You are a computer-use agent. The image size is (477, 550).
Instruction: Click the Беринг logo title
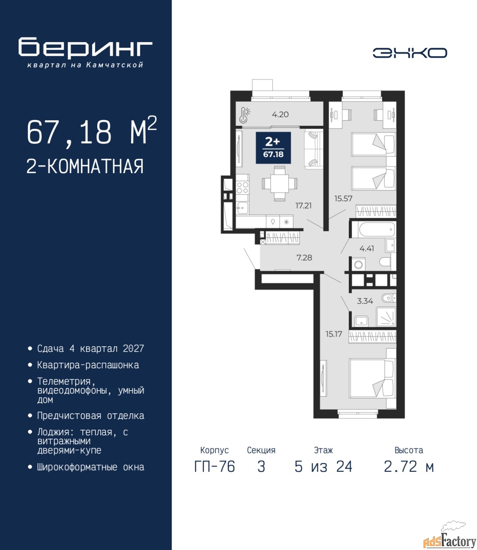(85, 49)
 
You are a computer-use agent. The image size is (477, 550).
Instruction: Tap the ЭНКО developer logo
(409, 53)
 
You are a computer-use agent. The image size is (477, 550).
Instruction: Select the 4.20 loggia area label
(280, 114)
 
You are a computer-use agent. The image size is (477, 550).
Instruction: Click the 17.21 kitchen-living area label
(303, 205)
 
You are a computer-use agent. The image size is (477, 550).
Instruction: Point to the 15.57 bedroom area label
(343, 199)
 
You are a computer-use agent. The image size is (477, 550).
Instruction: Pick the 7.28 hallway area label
(304, 257)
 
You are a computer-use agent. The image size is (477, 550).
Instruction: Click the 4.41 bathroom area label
(366, 248)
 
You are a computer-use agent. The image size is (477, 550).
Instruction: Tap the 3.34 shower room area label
(365, 301)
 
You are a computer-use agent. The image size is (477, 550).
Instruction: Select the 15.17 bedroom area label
(334, 334)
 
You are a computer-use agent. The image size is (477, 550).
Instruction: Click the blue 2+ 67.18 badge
(273, 148)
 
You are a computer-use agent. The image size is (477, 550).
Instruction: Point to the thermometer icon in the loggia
(244, 115)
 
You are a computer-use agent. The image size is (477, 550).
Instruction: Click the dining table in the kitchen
(280, 183)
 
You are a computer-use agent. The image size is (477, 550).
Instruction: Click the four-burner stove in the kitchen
(242, 187)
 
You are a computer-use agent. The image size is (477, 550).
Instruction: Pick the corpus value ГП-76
(214, 467)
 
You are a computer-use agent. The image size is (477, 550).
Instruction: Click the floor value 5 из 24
(323, 467)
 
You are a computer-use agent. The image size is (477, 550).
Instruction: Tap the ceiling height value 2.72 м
(409, 467)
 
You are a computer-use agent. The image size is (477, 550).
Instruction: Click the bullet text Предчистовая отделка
(91, 416)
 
